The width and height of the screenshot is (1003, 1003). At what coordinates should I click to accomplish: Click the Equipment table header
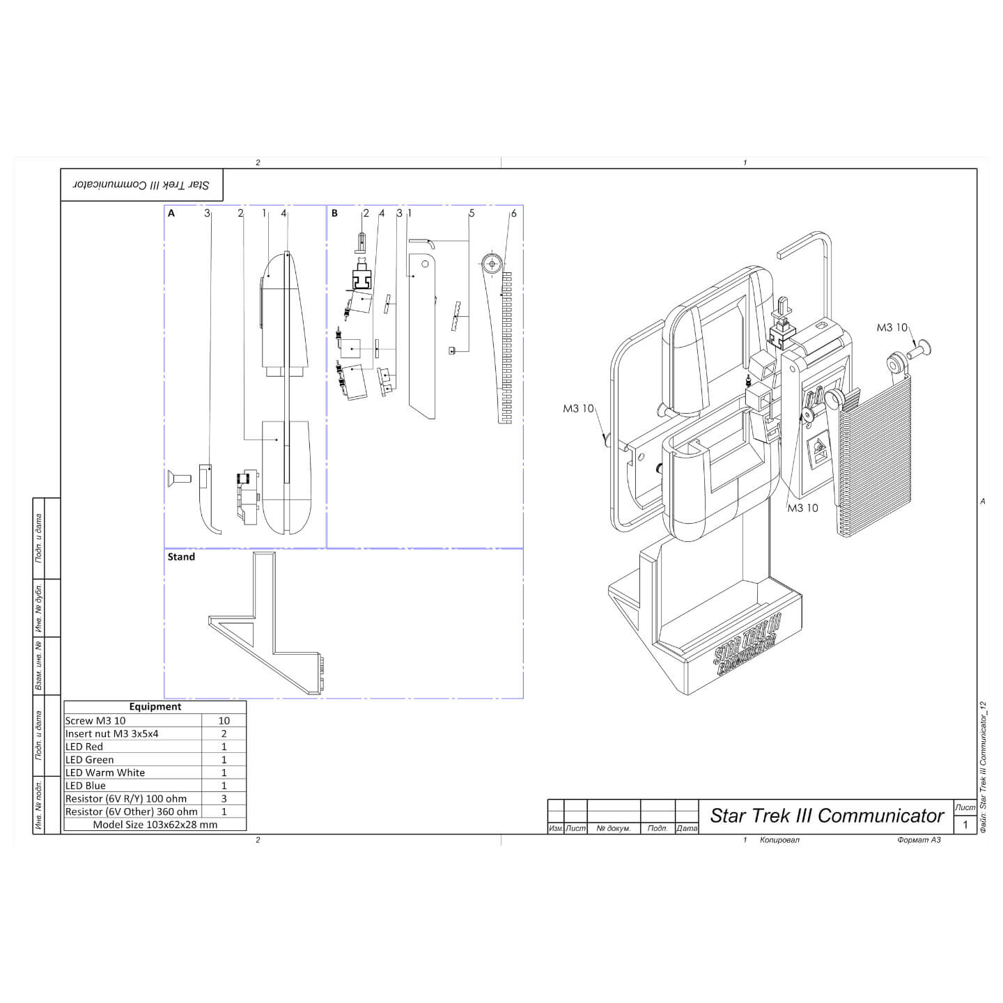click(x=155, y=706)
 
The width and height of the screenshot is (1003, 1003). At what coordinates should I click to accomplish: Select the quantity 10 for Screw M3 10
click(x=224, y=720)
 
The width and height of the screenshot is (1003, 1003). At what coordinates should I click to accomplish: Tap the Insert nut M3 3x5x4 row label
click(x=112, y=733)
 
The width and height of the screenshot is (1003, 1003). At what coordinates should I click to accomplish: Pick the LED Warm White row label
click(x=105, y=772)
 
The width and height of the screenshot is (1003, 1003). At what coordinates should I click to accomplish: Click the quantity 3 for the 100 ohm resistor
click(x=224, y=798)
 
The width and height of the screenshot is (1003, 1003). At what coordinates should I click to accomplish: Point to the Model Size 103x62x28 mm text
click(x=155, y=824)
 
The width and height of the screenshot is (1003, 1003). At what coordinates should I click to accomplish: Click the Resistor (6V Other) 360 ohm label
click(x=132, y=811)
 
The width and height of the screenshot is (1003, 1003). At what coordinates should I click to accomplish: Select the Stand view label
click(x=181, y=557)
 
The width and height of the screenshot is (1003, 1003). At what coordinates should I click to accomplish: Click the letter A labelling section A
click(x=171, y=213)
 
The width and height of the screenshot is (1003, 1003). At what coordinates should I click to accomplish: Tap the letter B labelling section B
click(x=334, y=213)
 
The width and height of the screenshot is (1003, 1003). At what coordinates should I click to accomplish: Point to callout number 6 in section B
click(x=514, y=213)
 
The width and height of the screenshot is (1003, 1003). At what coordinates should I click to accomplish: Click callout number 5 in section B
click(x=472, y=213)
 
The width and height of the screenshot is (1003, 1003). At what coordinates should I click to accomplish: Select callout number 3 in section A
click(x=207, y=213)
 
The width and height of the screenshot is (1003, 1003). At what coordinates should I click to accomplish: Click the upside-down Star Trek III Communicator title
click(x=142, y=185)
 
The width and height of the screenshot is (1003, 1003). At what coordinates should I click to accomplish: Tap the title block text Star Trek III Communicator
click(x=827, y=816)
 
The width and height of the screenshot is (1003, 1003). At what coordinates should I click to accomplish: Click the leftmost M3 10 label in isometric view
click(x=578, y=409)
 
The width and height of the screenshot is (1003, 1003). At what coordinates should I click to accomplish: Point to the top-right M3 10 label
click(x=892, y=327)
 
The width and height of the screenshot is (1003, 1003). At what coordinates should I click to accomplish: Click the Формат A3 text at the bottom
click(x=919, y=840)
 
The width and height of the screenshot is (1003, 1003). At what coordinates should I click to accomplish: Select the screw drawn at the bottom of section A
click(x=178, y=479)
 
